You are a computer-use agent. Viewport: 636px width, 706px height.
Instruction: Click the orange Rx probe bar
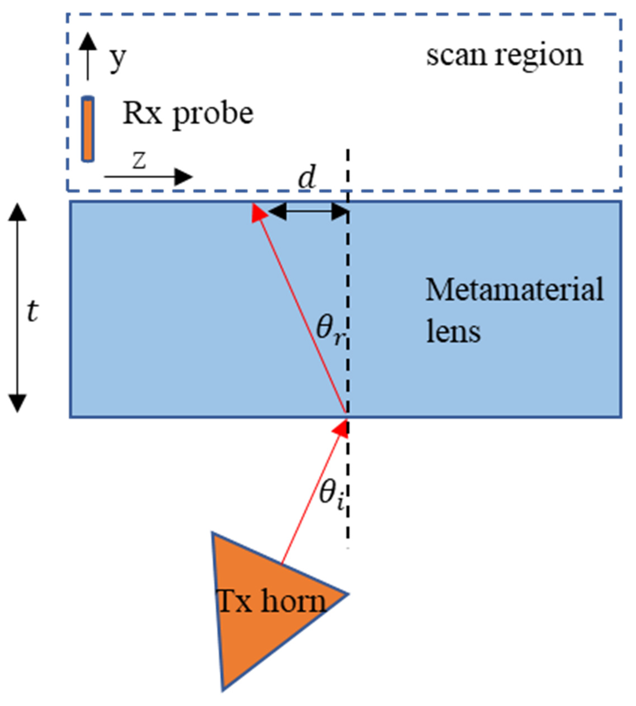tap(88, 129)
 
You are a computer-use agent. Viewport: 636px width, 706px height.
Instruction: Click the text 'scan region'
tap(504, 56)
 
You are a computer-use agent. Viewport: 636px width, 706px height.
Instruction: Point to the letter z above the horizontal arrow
tap(139, 161)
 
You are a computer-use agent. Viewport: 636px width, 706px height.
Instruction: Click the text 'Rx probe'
tap(188, 114)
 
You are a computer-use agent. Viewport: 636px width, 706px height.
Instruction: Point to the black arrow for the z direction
tap(148, 177)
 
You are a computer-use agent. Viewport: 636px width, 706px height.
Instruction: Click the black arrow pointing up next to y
tap(88, 56)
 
